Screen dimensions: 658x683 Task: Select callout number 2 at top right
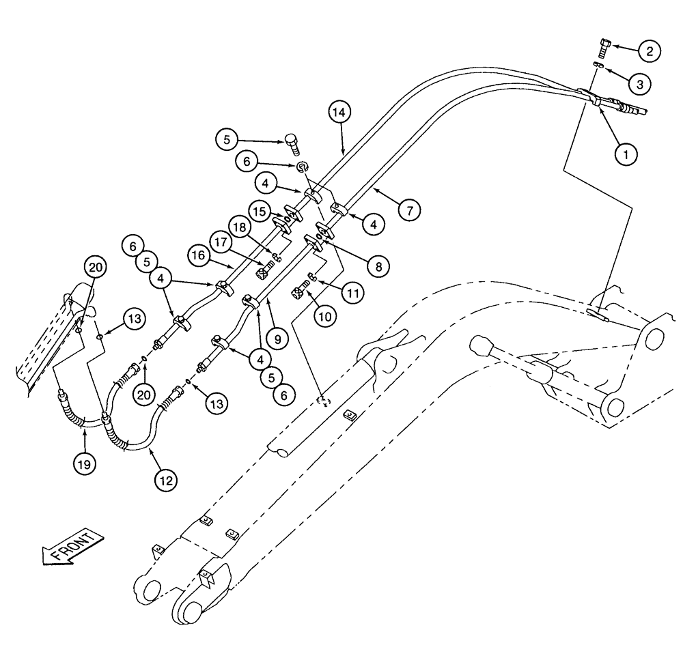click(649, 50)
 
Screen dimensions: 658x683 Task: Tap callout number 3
click(639, 84)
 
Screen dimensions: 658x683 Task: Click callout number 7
click(408, 211)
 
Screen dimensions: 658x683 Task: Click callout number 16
click(199, 256)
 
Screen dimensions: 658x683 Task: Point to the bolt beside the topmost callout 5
click(293, 142)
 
